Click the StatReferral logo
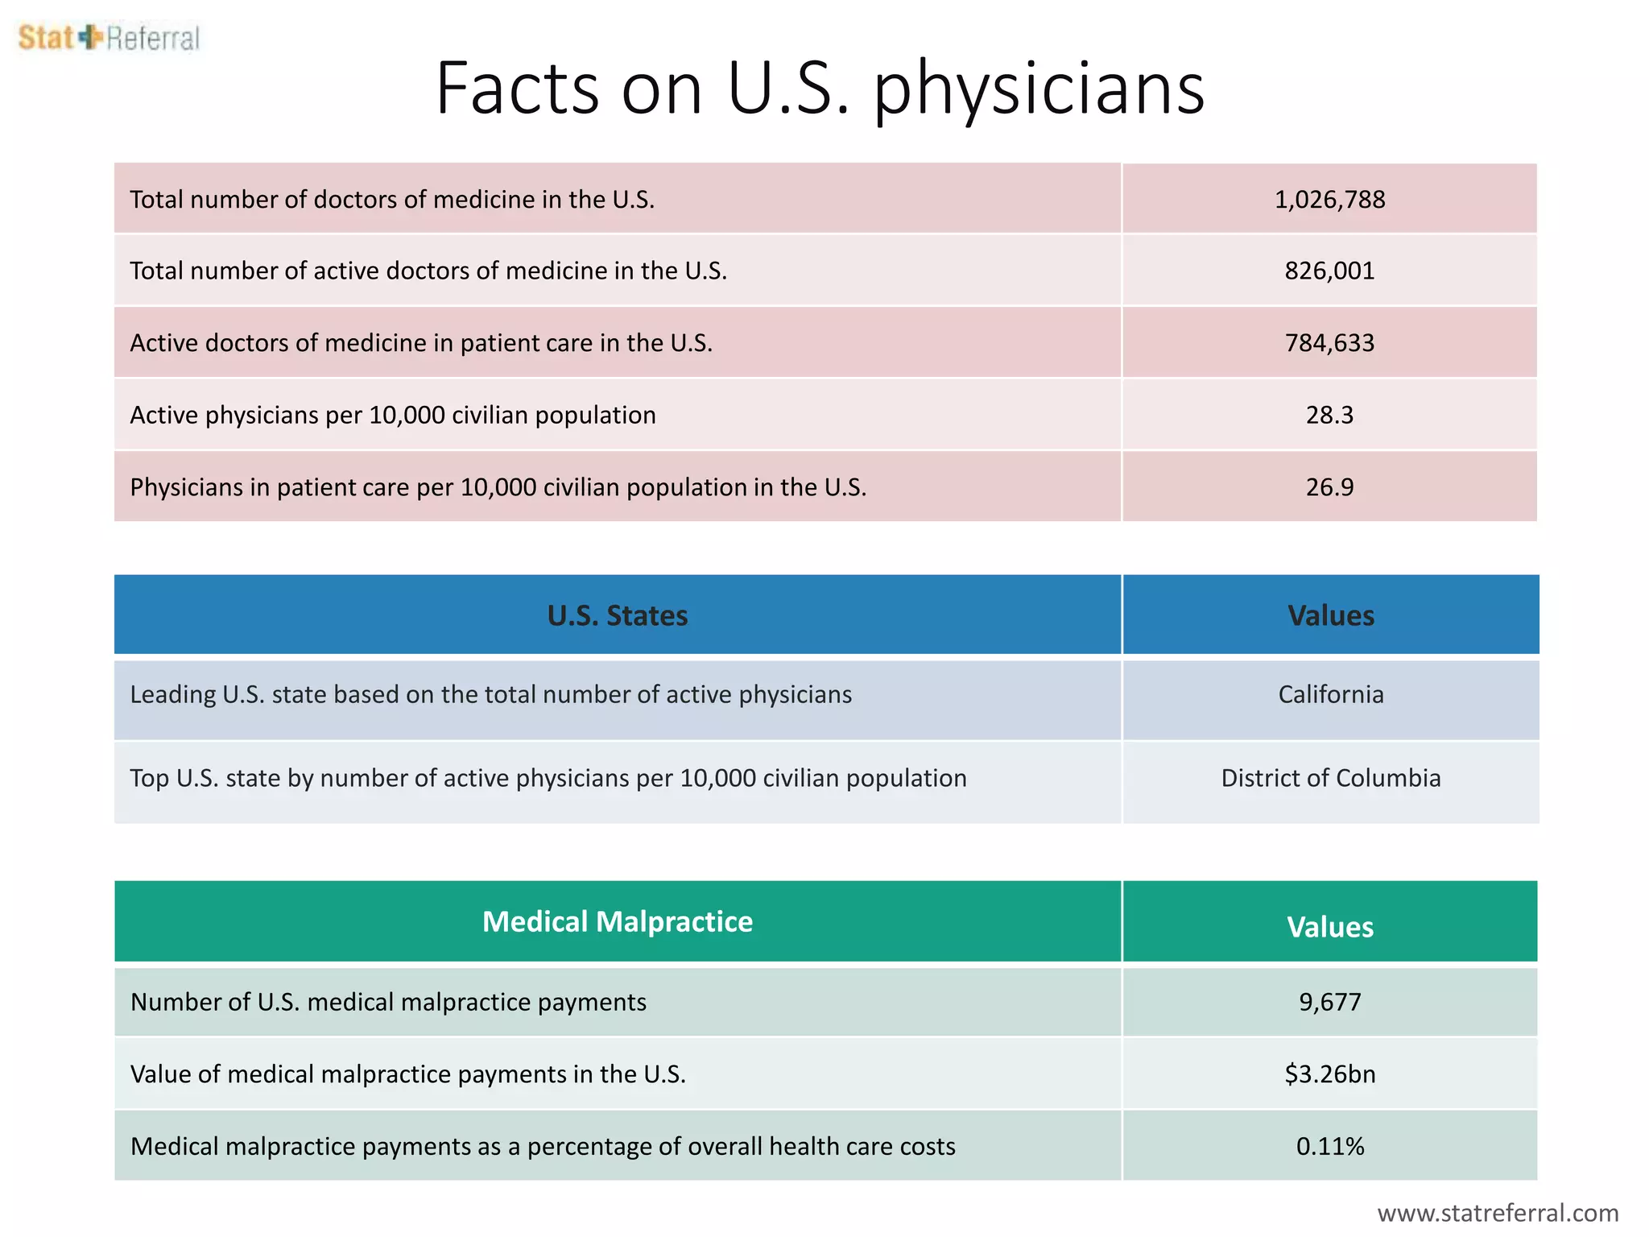pyautogui.click(x=109, y=38)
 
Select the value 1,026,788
pyautogui.click(x=1329, y=200)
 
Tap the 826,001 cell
pyautogui.click(x=1329, y=271)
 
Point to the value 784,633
pyautogui.click(x=1329, y=343)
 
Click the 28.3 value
pyautogui.click(x=1329, y=415)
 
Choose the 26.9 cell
pyautogui.click(x=1329, y=487)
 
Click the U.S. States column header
pyautogui.click(x=618, y=615)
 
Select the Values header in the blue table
pyautogui.click(x=1330, y=615)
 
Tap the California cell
pyautogui.click(x=1330, y=694)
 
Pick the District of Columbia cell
pyautogui.click(x=1330, y=778)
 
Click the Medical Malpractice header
pyautogui.click(x=618, y=921)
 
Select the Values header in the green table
pyautogui.click(x=1329, y=927)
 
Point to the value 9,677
pyautogui.click(x=1329, y=1002)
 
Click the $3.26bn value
pyautogui.click(x=1329, y=1074)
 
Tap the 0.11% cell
pyautogui.click(x=1329, y=1146)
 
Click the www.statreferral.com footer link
pyautogui.click(x=1498, y=1213)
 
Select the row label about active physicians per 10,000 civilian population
pyautogui.click(x=393, y=415)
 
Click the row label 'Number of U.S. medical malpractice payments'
pyautogui.click(x=388, y=1002)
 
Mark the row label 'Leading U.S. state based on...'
pyautogui.click(x=491, y=694)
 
